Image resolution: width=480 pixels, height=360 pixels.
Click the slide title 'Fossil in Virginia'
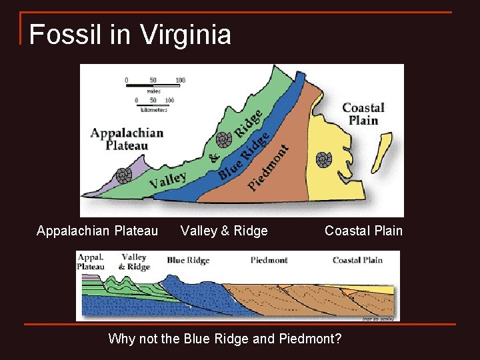130,35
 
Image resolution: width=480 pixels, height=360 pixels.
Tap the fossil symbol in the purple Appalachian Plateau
123,175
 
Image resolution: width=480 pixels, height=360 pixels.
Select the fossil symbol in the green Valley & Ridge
223,139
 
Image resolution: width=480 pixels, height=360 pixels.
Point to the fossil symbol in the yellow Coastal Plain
324,159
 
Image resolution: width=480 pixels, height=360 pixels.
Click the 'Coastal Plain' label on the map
363,114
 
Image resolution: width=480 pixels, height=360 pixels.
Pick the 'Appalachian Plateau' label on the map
127,138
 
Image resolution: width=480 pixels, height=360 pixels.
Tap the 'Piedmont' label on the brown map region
269,167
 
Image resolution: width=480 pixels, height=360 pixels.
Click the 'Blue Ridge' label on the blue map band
243,155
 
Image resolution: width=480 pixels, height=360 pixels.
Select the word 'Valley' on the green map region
167,181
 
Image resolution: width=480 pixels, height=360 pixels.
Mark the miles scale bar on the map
153,85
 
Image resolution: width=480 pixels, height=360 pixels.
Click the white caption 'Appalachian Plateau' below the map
97,231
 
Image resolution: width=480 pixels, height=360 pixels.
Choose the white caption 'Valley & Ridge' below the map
224,231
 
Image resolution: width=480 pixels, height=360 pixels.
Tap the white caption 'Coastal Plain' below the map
363,231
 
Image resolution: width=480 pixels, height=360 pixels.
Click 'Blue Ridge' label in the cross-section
188,260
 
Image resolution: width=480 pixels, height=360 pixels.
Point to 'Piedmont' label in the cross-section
269,260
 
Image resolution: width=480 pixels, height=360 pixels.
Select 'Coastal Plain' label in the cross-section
357,260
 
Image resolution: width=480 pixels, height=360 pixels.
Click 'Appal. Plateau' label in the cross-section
91,261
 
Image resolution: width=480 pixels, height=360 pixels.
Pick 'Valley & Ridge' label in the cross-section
134,261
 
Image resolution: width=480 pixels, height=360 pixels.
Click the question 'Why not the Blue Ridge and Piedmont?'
225,339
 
